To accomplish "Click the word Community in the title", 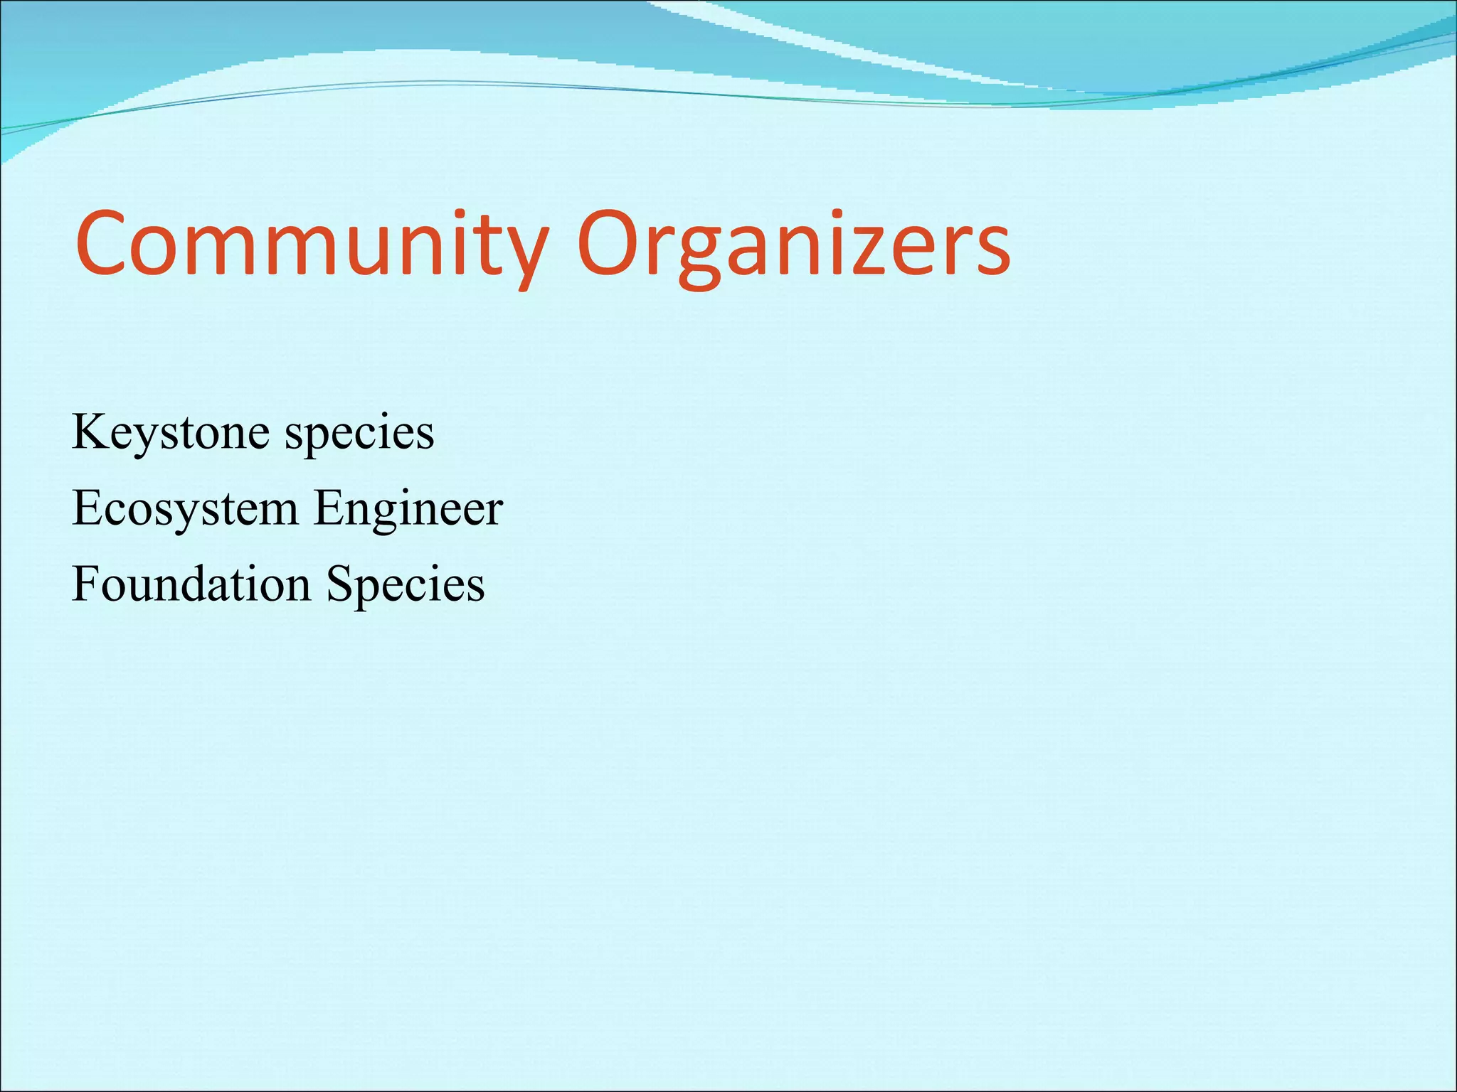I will [x=312, y=245].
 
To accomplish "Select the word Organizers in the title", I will [x=793, y=245].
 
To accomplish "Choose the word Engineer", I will [x=408, y=509].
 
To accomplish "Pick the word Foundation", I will [x=191, y=584].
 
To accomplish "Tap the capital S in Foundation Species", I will [x=341, y=584].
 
